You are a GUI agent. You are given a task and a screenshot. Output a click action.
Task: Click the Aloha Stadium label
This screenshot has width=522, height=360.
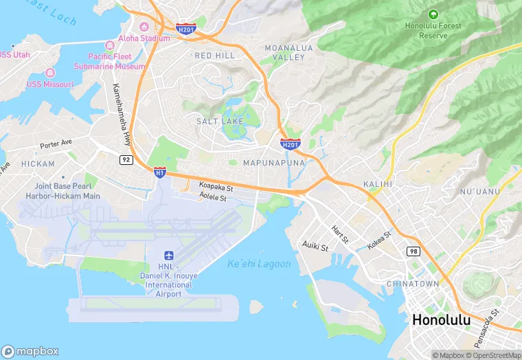144,38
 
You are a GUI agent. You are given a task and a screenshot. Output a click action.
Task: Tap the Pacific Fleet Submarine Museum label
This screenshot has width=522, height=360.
117,62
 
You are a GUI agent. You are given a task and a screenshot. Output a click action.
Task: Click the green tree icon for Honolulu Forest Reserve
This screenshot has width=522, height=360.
433,14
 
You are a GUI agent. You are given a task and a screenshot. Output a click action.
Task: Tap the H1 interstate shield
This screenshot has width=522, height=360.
160,172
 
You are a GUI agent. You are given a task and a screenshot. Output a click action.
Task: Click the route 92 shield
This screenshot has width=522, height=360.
126,159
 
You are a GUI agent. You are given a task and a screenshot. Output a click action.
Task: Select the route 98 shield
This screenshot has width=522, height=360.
413,251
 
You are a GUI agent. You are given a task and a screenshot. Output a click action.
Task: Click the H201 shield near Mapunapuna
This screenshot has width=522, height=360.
290,144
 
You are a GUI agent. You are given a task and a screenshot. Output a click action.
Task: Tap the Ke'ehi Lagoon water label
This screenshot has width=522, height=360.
259,264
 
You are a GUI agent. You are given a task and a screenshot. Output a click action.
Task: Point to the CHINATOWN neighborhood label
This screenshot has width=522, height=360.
413,283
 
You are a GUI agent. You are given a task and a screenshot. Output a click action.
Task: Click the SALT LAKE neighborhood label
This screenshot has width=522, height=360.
220,121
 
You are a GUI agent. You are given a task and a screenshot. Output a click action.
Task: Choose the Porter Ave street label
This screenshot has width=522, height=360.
56,145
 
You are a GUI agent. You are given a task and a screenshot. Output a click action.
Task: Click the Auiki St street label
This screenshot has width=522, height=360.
315,245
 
